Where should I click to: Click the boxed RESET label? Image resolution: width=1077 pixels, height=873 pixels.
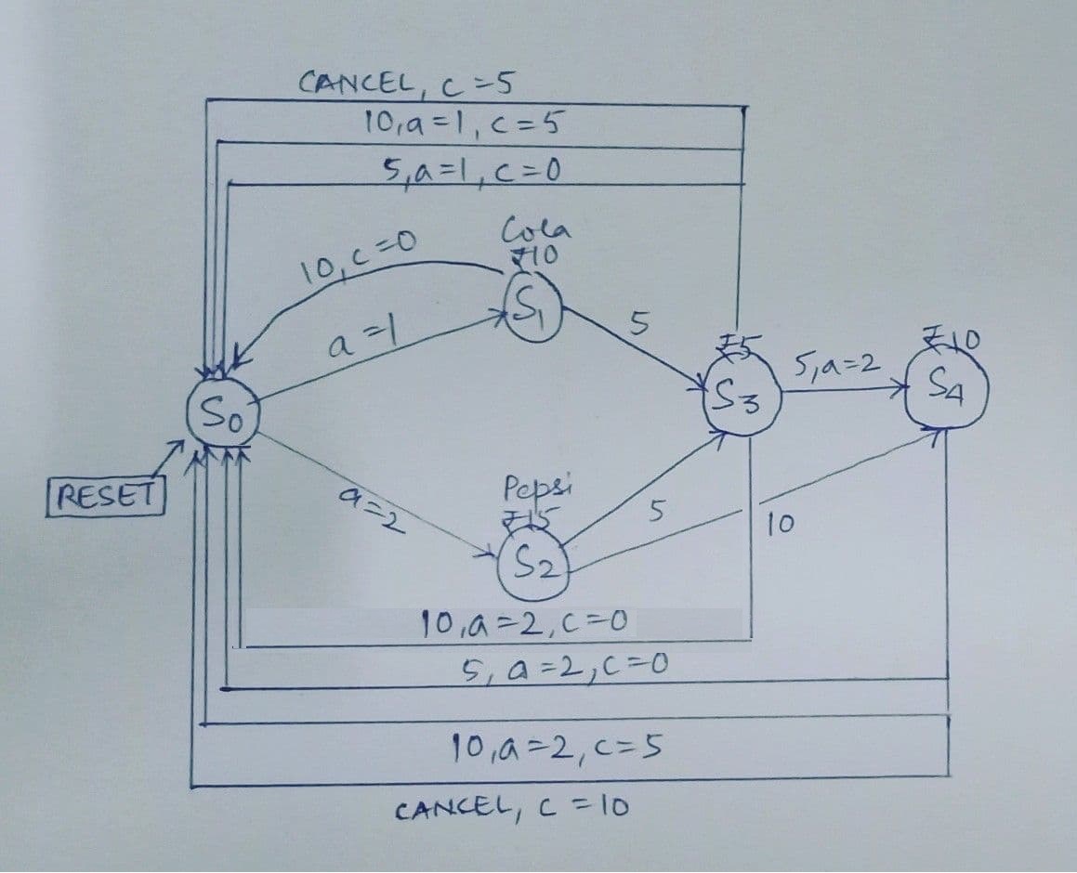coord(105,493)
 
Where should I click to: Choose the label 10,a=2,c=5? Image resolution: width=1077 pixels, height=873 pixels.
coord(556,745)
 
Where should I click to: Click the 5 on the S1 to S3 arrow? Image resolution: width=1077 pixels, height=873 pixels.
coord(637,321)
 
